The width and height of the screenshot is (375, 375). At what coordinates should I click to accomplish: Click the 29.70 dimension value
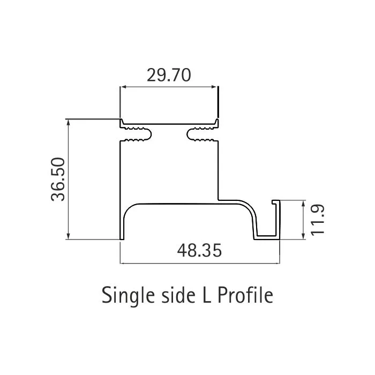click(x=169, y=76)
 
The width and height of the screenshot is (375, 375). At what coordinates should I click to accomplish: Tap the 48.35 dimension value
click(x=199, y=251)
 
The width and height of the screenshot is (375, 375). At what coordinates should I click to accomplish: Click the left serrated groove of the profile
click(x=138, y=135)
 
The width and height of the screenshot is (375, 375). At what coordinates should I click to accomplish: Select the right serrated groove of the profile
click(x=201, y=135)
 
